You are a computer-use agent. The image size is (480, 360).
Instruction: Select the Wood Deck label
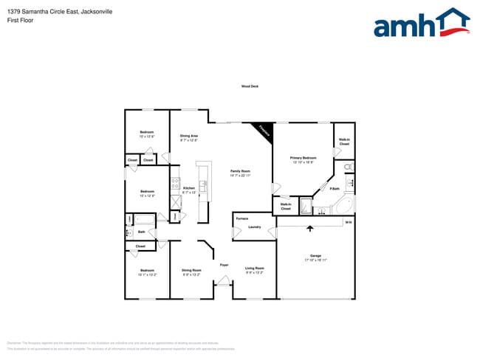250,86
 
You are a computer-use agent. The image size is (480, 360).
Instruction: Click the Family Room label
241,173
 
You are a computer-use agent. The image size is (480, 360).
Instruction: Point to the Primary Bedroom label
304,159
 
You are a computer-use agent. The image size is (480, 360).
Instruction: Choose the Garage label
315,258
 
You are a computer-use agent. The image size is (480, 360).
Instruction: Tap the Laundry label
255,227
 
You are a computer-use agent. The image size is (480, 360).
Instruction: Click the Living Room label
255,269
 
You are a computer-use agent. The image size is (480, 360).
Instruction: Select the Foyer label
224,264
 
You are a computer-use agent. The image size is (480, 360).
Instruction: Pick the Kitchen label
189,188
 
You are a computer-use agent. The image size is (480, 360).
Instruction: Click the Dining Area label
189,136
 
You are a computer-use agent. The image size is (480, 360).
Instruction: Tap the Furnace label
241,219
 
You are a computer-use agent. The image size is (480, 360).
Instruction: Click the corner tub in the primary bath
343,205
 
